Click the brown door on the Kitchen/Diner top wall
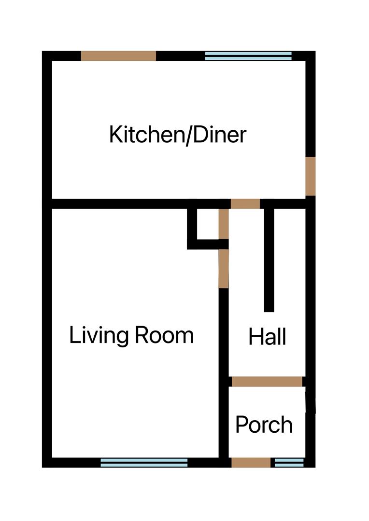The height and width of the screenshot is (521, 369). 118,56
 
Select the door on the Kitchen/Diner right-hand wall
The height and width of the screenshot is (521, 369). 311,176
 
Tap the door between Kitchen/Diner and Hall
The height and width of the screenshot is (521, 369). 245,204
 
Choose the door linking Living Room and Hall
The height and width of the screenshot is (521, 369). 223,268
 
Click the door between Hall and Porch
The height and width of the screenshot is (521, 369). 267,382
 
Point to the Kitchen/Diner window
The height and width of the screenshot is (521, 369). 248,56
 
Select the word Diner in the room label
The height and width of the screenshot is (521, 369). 220,135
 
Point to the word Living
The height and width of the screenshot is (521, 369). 99,335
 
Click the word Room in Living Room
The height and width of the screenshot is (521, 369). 164,335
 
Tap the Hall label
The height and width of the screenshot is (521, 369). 267,337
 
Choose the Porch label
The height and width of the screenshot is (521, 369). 264,425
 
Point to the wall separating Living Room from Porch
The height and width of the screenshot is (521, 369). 224,420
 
